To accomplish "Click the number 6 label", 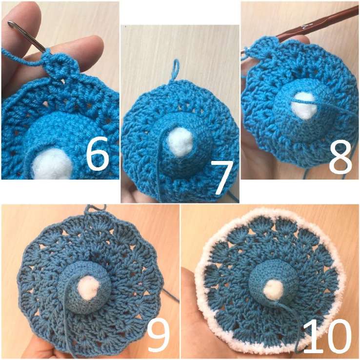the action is (97, 153).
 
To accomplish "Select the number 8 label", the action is (340, 157).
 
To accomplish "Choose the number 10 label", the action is (326, 336).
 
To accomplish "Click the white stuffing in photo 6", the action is (52, 164).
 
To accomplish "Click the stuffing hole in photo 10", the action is (273, 290).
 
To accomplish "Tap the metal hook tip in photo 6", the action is (10, 23).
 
